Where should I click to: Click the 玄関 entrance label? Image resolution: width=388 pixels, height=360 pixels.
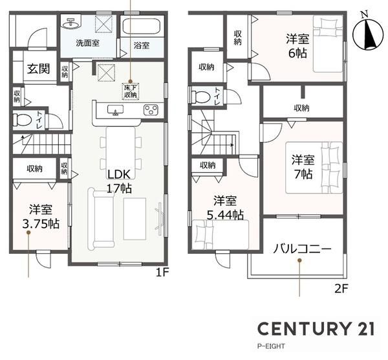coord(39,69)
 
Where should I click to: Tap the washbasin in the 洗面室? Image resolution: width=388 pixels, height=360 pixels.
coord(70,23)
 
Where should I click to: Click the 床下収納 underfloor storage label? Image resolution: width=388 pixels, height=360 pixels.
coord(131,91)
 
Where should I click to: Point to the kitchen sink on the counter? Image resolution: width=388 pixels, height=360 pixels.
coord(115,110)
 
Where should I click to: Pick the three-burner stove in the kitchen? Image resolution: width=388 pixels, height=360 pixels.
coord(151,110)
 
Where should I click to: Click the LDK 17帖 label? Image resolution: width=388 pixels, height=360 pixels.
coord(119,181)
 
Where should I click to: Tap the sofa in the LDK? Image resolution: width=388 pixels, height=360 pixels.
coord(102,219)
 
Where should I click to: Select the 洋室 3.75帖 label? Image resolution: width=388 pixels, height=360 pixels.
coord(41,216)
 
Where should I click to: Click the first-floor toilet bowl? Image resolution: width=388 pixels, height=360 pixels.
coord(22,120)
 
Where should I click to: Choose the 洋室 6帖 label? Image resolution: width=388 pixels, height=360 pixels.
coord(297,46)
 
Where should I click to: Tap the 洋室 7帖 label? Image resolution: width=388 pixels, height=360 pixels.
coord(303,167)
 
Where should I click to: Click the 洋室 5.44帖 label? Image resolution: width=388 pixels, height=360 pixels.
coord(225,208)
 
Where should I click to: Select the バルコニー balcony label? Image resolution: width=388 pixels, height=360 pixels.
coord(302,249)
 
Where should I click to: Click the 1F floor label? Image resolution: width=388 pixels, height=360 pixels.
coord(162,273)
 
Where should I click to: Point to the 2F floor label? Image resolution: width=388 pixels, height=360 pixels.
coord(341,288)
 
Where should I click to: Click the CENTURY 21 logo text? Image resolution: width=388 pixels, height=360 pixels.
coord(316,328)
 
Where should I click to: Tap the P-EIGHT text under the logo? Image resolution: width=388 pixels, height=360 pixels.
coord(271,346)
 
